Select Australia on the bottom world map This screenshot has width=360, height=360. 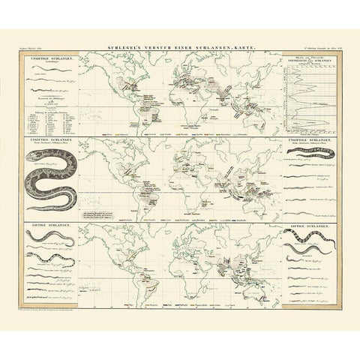coord(258,281)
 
